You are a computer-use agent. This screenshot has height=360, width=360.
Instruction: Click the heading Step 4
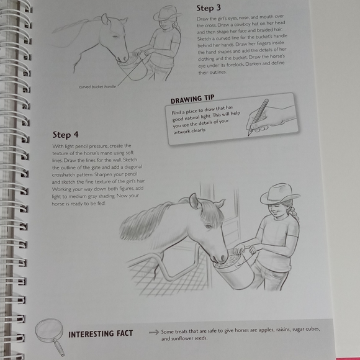pyautogui.click(x=66, y=134)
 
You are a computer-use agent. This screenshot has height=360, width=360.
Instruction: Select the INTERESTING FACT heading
pyautogui.click(x=101, y=334)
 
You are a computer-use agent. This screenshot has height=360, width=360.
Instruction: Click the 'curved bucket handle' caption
pyautogui.click(x=98, y=86)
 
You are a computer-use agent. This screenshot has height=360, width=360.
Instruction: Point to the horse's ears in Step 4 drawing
pyautogui.click(x=197, y=201)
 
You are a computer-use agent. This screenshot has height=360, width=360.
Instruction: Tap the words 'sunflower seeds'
pyautogui.click(x=187, y=339)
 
